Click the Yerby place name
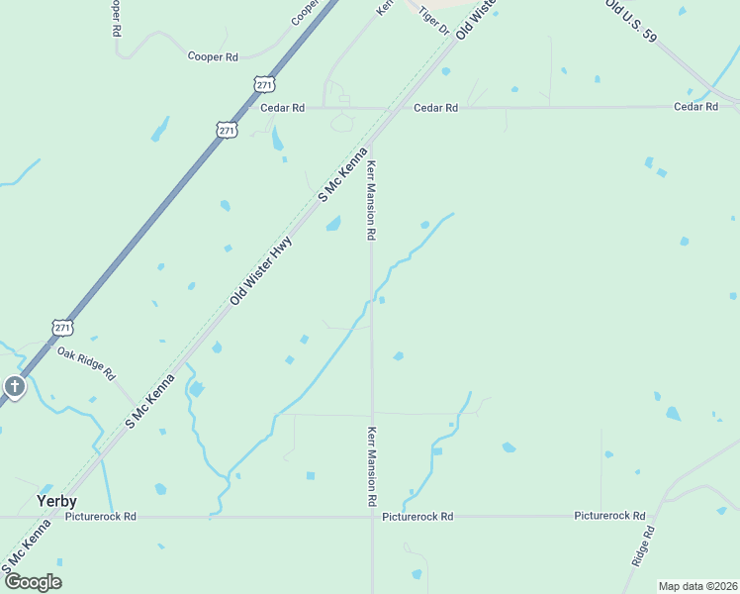(x=56, y=501)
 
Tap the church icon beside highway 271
(x=14, y=386)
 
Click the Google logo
(x=33, y=582)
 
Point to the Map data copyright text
(x=697, y=586)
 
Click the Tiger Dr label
(x=433, y=21)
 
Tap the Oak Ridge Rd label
(x=86, y=364)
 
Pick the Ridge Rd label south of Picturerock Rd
(x=643, y=545)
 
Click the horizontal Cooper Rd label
(x=213, y=56)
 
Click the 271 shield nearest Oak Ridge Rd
(x=62, y=327)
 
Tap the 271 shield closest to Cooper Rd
(x=263, y=85)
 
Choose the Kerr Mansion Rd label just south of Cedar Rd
(x=372, y=201)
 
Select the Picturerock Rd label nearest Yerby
(x=101, y=517)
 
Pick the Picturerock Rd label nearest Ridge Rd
(x=609, y=516)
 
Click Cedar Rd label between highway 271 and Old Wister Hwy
(x=282, y=107)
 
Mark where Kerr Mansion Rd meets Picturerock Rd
(x=372, y=516)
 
